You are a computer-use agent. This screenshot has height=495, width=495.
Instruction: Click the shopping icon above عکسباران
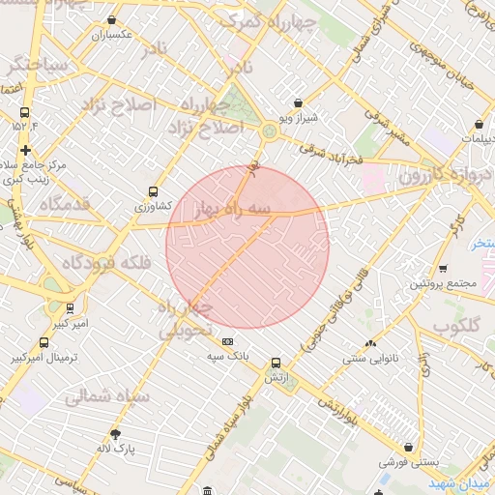(114, 19)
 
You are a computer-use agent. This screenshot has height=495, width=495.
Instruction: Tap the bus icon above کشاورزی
(153, 192)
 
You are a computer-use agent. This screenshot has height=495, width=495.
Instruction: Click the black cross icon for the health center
(25, 150)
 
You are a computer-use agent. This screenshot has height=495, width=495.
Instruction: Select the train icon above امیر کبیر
(70, 308)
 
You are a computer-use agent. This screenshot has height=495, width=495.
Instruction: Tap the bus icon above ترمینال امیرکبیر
(44, 342)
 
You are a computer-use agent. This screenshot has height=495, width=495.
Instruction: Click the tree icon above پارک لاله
(116, 434)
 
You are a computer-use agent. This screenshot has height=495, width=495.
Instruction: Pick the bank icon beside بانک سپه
(228, 341)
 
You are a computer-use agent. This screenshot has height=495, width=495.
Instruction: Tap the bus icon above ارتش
(275, 360)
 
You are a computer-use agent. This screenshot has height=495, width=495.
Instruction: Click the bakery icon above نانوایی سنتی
(370, 343)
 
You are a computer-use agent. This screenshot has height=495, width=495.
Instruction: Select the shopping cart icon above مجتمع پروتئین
(443, 269)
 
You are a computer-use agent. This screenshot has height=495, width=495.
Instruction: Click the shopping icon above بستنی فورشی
(411, 448)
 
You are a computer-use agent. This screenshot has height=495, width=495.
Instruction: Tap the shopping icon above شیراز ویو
(298, 102)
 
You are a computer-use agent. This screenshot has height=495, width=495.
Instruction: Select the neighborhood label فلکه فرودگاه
(103, 262)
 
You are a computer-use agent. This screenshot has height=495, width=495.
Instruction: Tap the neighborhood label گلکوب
(458, 326)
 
